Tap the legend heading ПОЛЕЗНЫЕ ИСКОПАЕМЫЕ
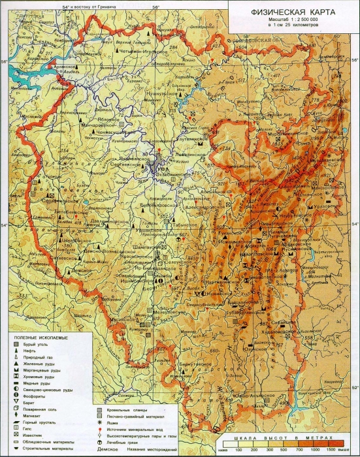click(43, 337)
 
